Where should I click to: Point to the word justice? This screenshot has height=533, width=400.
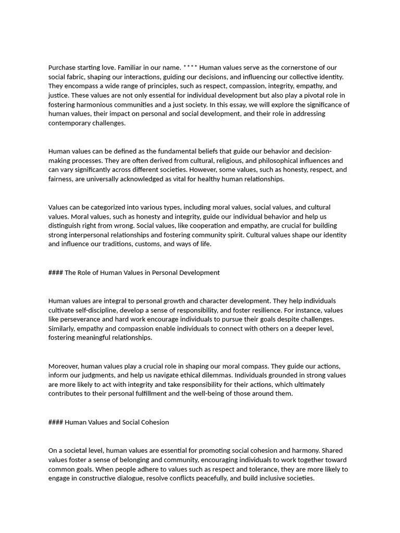click(x=59, y=96)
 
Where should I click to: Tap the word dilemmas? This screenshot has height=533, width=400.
click(x=226, y=375)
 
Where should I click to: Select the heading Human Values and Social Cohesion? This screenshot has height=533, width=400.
click(x=117, y=422)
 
